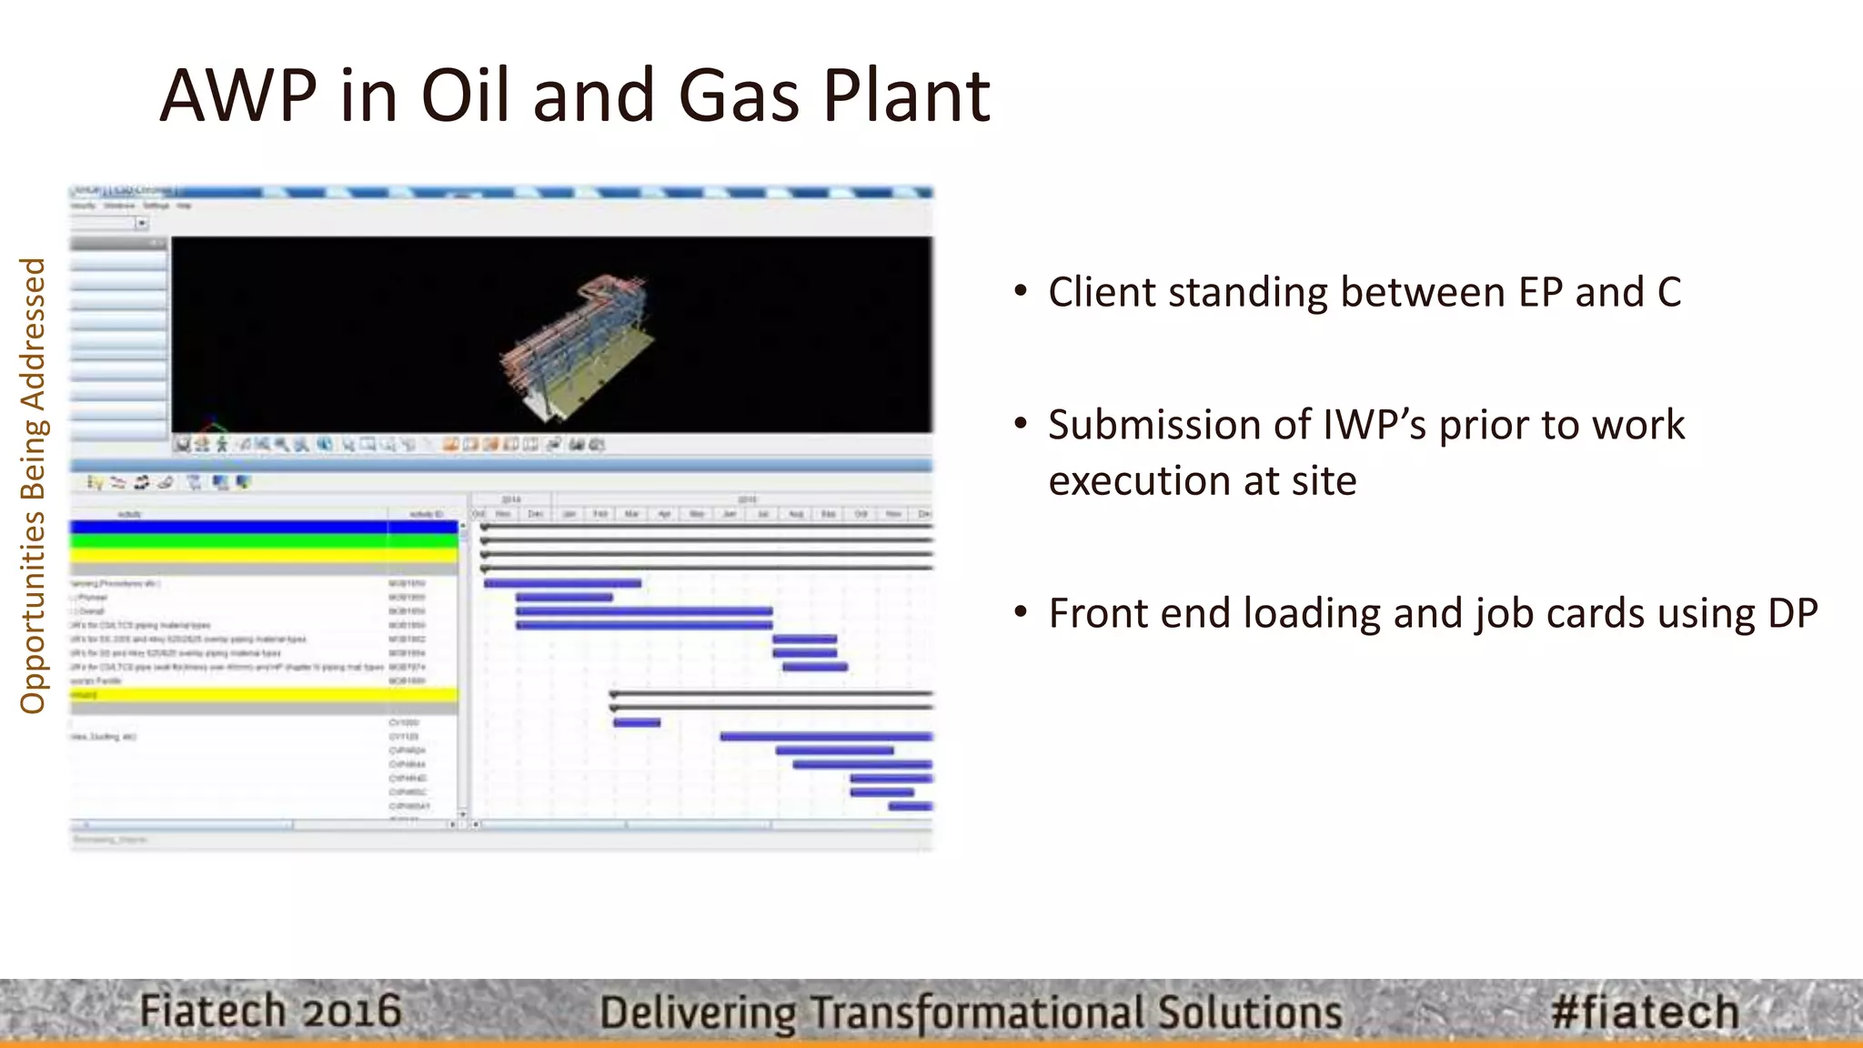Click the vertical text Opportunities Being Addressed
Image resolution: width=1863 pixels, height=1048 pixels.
pos(33,486)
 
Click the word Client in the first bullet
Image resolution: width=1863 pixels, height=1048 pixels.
pos(1102,293)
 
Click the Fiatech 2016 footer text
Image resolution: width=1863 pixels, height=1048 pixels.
pos(270,1012)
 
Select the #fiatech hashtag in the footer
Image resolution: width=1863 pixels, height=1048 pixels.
pos(1645,1012)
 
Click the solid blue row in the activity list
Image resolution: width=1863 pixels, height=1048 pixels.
pos(264,527)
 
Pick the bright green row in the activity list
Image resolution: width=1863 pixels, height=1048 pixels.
pos(264,541)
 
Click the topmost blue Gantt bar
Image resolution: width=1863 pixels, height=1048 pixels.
pos(562,583)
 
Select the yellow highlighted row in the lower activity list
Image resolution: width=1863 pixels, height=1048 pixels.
pos(264,695)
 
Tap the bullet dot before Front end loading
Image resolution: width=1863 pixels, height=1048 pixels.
pos(1021,611)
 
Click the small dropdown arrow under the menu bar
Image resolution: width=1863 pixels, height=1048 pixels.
pos(142,223)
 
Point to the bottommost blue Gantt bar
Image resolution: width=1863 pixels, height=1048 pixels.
pos(910,807)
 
